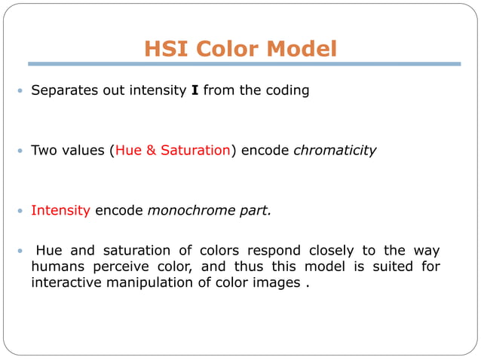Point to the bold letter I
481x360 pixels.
(x=195, y=90)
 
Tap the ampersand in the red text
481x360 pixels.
(x=152, y=150)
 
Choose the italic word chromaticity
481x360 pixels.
(x=334, y=150)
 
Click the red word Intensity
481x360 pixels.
(x=60, y=210)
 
